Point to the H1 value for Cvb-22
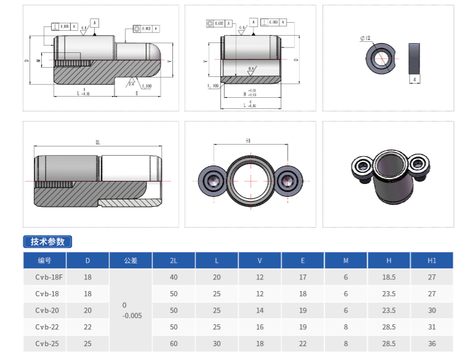pyautogui.click(x=432, y=327)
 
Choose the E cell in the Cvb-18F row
pyautogui.click(x=303, y=278)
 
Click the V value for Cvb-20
pyautogui.click(x=260, y=310)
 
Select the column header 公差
pyautogui.click(x=130, y=260)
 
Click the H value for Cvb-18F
pyautogui.click(x=389, y=278)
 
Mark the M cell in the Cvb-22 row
pyautogui.click(x=346, y=327)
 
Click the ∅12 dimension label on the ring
pyautogui.click(x=365, y=38)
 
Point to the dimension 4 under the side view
pyautogui.click(x=415, y=80)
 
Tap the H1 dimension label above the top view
pyautogui.click(x=248, y=141)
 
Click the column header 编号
pyautogui.click(x=45, y=260)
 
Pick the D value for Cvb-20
pyautogui.click(x=87, y=310)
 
